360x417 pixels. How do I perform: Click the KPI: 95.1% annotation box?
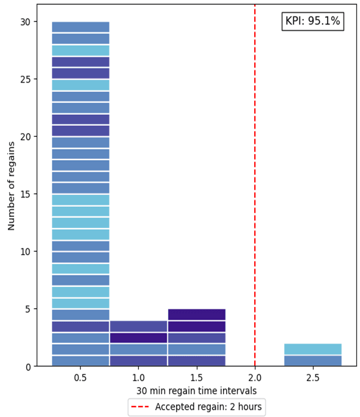click(312, 21)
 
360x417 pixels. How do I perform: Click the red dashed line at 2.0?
click(255, 183)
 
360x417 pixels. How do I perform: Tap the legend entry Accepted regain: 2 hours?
click(196, 407)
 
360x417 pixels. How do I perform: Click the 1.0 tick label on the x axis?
click(139, 378)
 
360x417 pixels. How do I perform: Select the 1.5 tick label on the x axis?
click(197, 378)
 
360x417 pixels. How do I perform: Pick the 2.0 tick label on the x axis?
click(255, 378)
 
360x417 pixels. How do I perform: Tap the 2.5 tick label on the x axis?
click(313, 378)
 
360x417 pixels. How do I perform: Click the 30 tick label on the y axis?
click(25, 21)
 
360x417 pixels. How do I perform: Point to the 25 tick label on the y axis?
click(25, 79)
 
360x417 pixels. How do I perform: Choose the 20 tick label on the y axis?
click(25, 136)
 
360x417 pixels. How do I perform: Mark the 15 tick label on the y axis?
click(25, 194)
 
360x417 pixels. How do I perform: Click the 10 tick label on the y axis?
click(25, 251)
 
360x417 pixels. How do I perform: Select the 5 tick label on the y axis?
click(28, 309)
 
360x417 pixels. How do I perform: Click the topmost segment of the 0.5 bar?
click(81, 27)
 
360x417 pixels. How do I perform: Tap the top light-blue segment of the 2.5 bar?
click(313, 349)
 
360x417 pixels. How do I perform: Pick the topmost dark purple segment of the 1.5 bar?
click(197, 314)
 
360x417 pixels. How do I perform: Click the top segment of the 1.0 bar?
click(139, 326)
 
